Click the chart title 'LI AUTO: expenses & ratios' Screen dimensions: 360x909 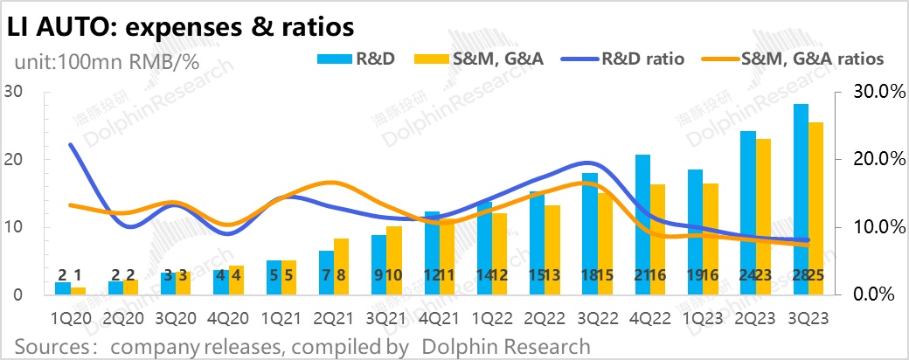(x=180, y=27)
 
